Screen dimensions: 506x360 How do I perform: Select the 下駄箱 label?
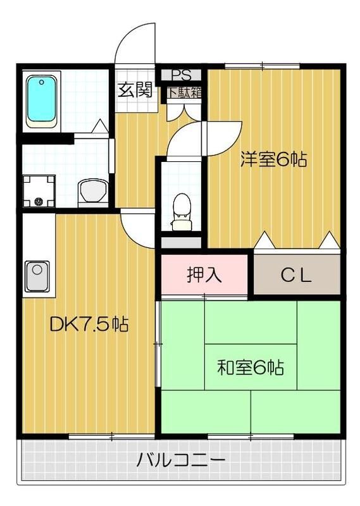pos(184,91)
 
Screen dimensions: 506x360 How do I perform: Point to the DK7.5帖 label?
pos(89,325)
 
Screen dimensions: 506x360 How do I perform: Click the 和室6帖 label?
pos(250,366)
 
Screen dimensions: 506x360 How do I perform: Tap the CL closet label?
pos(296,275)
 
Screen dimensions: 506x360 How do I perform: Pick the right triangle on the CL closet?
pos(329,240)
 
